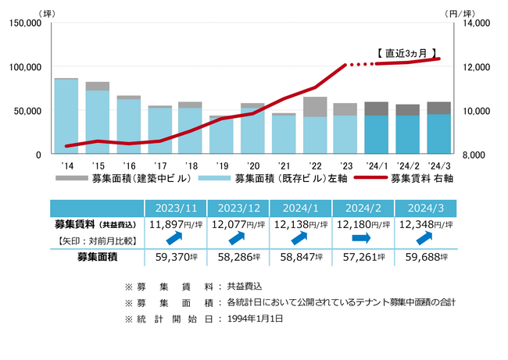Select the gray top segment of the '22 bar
pyautogui.click(x=315, y=106)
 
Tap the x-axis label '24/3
pyautogui.click(x=438, y=166)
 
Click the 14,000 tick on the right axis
pyautogui.click(x=475, y=23)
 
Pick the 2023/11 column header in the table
pyautogui.click(x=176, y=208)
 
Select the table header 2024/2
pyautogui.click(x=363, y=208)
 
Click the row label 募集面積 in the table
pyautogui.click(x=97, y=255)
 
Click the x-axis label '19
pyautogui.click(x=222, y=166)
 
